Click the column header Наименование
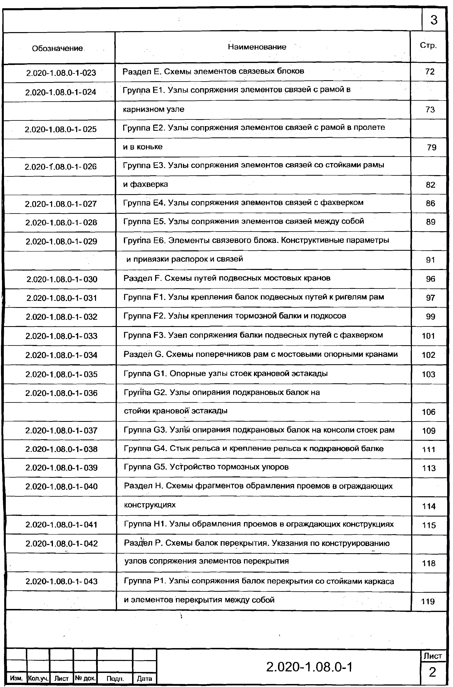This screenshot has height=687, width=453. coord(257,47)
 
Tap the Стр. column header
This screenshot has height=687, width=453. coord(428,45)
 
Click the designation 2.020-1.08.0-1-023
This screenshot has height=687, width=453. coord(61,73)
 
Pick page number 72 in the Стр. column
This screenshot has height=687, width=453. coord(430,72)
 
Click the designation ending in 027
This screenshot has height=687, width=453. coord(61,204)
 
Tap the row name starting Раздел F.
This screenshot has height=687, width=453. coord(227,278)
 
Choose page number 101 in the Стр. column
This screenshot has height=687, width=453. coord(428,336)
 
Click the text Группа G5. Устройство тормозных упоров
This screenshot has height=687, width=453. coord(206,467)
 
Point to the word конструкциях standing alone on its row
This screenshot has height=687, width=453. coord(150,505)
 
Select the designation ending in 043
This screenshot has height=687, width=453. coord(62,581)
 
